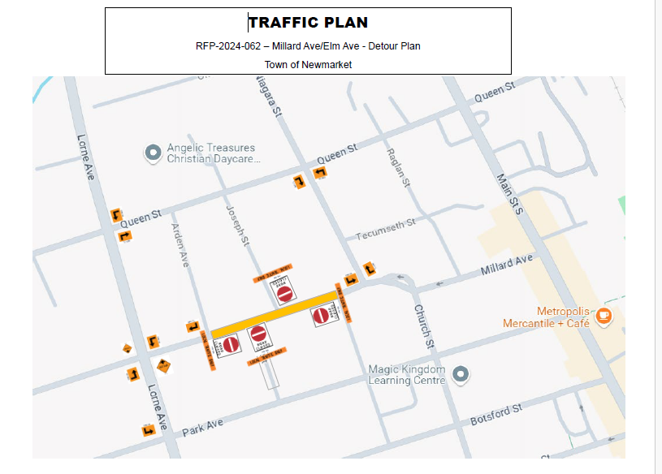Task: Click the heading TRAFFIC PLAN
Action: [x=308, y=23]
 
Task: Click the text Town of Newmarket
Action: [x=308, y=64]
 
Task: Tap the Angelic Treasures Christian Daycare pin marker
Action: [x=152, y=153]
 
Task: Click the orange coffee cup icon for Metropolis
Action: [x=603, y=317]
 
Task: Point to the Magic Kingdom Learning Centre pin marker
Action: [x=461, y=374]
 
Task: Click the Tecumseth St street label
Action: [x=386, y=229]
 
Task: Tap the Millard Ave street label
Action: [x=507, y=265]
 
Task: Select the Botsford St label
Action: [x=496, y=415]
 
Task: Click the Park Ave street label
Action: [x=202, y=427]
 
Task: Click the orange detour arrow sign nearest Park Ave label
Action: [x=149, y=430]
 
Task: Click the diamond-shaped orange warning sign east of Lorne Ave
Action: [x=165, y=366]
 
